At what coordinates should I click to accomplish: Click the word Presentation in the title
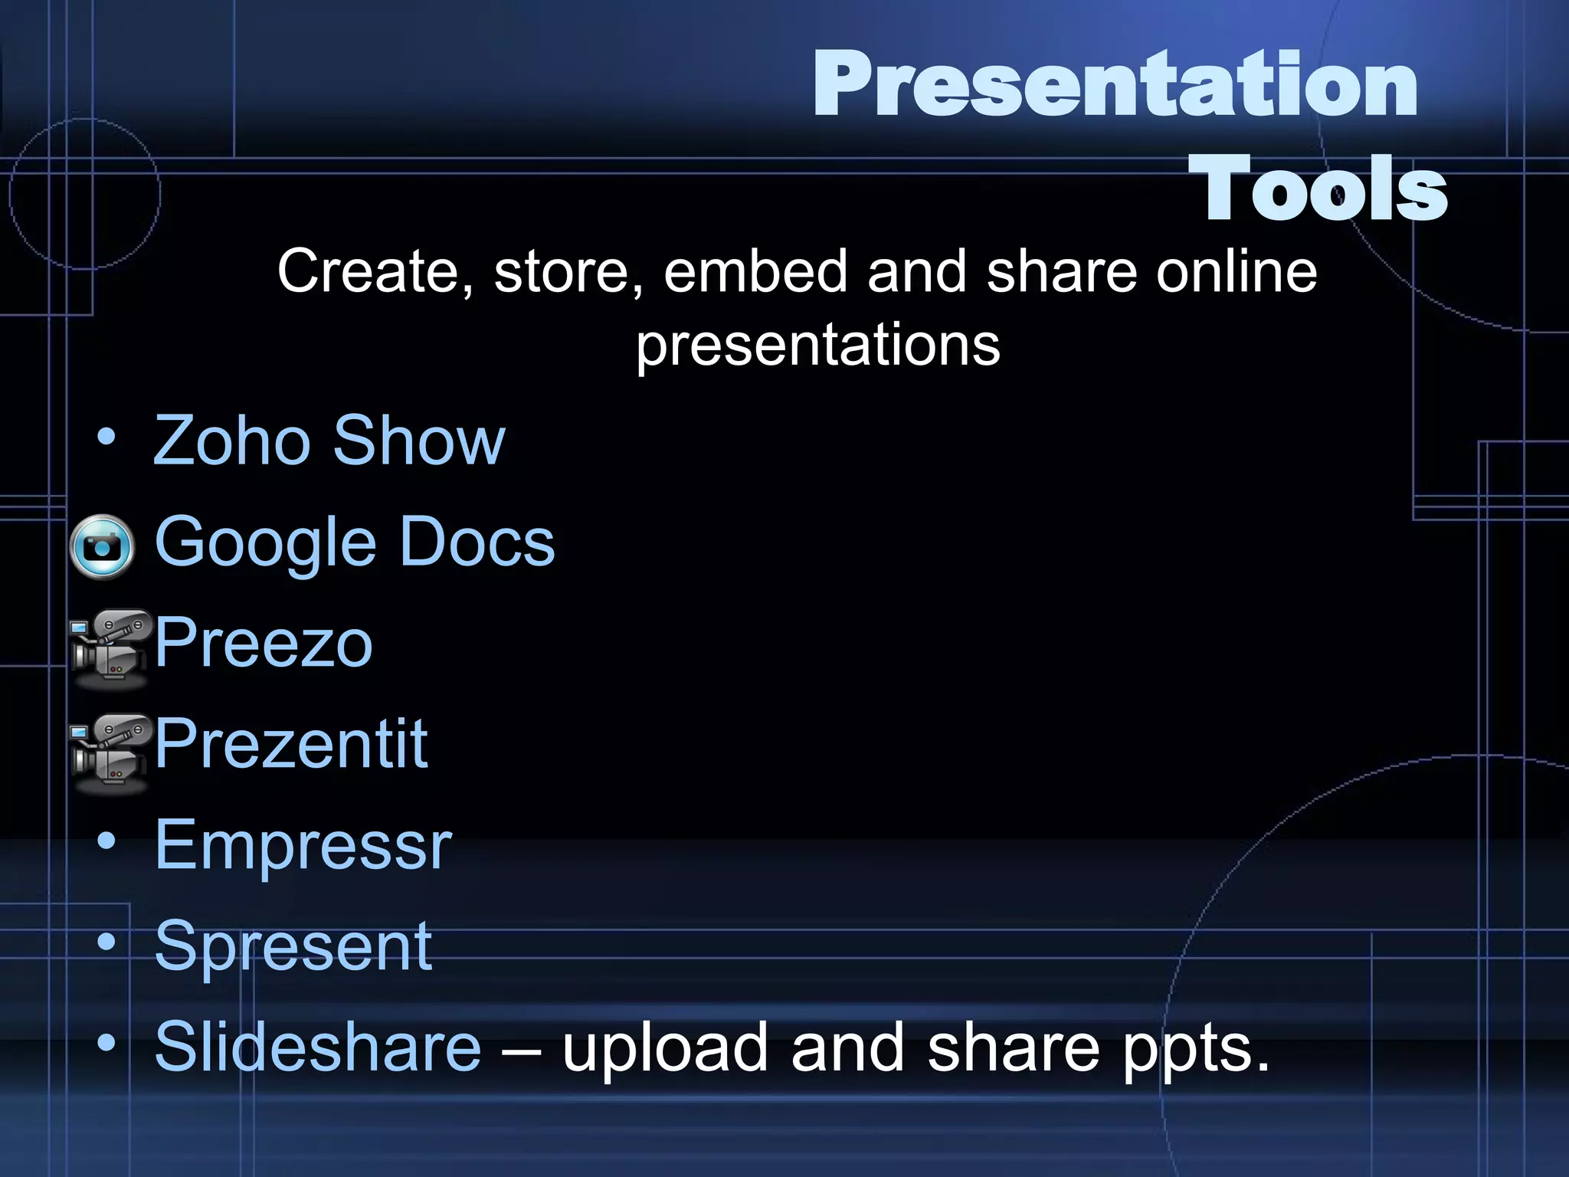[1115, 84]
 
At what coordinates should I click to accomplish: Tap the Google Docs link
[355, 542]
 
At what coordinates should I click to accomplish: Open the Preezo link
[264, 643]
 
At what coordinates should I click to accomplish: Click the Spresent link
[293, 946]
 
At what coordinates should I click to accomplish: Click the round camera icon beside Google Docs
[102, 546]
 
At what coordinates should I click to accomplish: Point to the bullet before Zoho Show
[106, 438]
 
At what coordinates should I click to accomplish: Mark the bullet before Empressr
[106, 841]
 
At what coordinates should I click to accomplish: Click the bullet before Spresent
[106, 943]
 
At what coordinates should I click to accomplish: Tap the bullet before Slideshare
[106, 1043]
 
